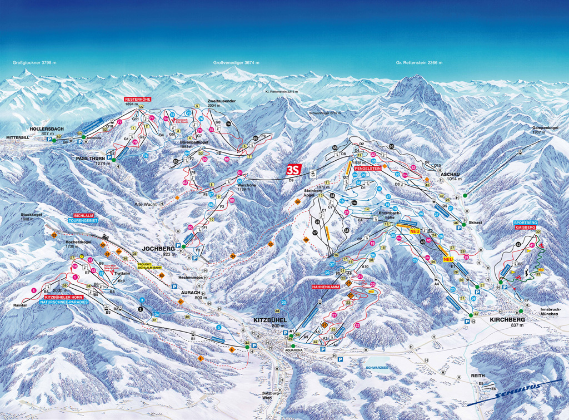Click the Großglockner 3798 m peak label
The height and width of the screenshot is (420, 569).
tap(35, 63)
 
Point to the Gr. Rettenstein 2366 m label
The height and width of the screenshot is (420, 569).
tap(419, 63)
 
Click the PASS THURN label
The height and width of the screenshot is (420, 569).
tap(90, 159)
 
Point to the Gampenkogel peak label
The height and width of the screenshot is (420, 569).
tap(545, 127)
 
